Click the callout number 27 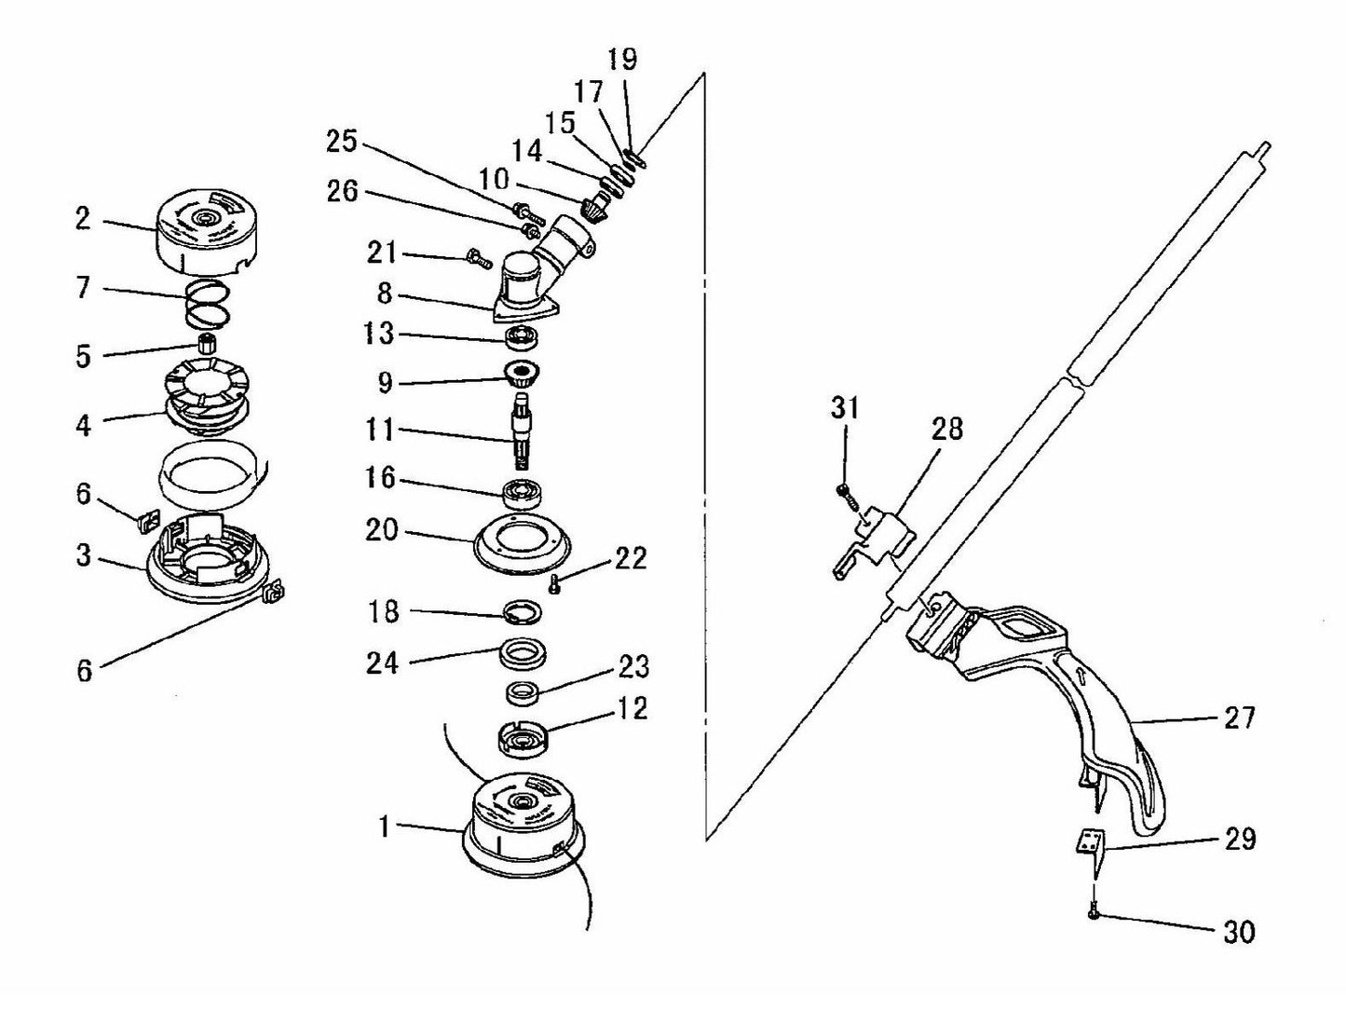(1238, 717)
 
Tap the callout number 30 (1238, 932)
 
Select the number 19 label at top (622, 60)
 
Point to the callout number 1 (383, 826)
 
